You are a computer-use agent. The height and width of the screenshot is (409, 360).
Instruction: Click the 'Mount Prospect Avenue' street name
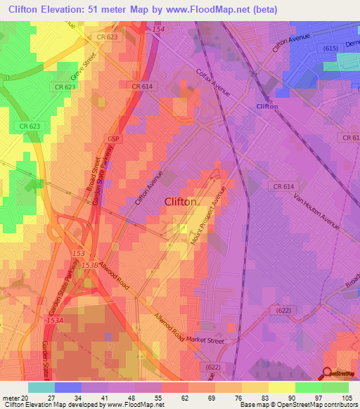click(209, 217)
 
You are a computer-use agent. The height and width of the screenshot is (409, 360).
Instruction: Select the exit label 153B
click(89, 265)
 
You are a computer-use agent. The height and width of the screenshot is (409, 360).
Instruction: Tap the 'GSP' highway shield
click(115, 139)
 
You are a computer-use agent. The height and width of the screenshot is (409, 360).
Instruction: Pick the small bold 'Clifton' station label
click(267, 106)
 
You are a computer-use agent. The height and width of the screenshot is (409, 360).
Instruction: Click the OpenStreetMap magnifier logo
click(328, 372)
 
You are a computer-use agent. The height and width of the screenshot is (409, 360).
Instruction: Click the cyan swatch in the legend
click(41, 387)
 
